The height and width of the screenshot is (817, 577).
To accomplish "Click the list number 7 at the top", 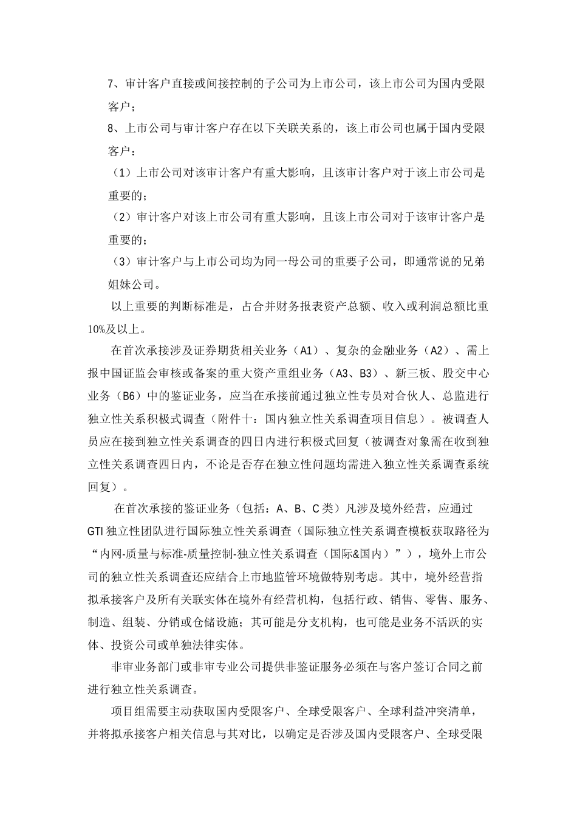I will pos(111,84).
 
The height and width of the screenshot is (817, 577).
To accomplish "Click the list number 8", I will pos(111,128).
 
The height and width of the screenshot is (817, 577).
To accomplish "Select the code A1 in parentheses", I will pos(304,351).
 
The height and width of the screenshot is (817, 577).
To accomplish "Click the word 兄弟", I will pos(474,261).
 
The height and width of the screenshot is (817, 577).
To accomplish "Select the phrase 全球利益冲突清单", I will pos(432,711).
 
